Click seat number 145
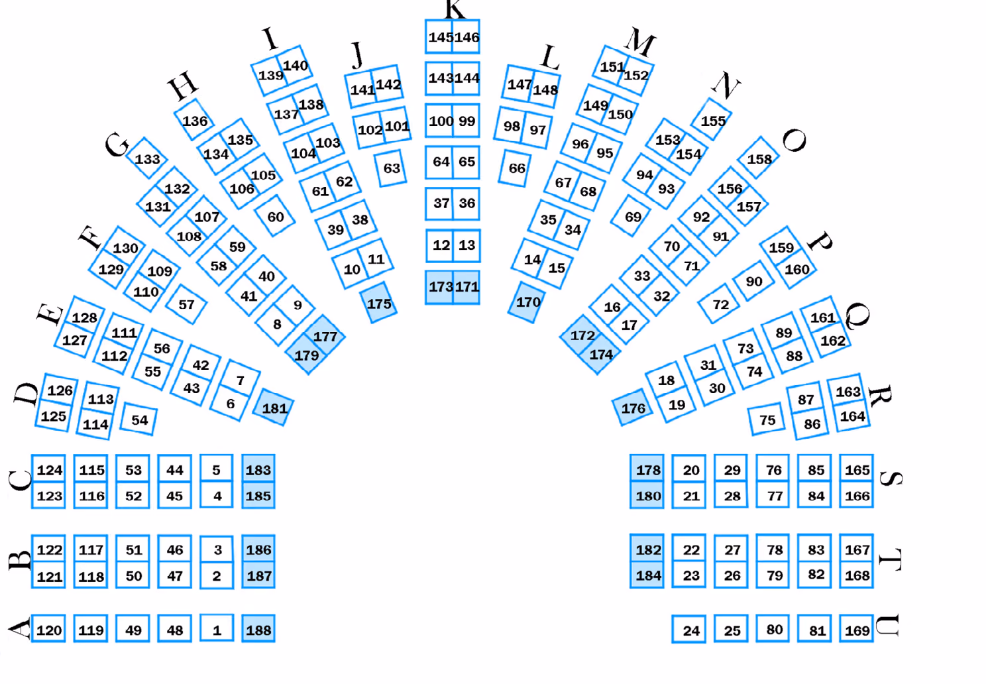439,37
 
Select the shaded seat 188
258,628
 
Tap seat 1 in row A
217,628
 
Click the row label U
887,626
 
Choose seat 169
857,629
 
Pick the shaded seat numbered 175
378,303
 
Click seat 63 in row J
391,168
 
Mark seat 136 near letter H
194,120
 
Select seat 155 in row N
712,120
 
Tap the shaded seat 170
527,302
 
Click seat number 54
138,419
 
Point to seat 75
767,419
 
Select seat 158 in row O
759,158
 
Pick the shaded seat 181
274,407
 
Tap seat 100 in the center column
439,121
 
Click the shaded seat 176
633,407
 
